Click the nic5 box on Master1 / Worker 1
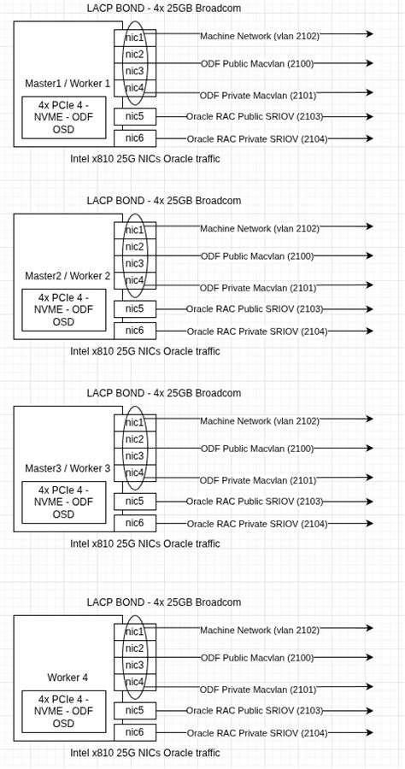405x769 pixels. point(135,116)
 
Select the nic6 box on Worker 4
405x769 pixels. point(135,732)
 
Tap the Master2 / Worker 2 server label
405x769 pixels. point(67,276)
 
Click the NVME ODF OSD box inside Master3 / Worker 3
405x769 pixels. point(64,502)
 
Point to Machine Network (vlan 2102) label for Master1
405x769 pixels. point(260,37)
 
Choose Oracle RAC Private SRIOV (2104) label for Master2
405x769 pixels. point(257,332)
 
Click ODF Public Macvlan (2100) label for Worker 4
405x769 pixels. point(257,658)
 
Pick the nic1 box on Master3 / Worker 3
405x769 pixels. point(135,422)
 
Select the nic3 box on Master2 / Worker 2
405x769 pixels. point(135,263)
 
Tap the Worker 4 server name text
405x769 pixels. point(67,678)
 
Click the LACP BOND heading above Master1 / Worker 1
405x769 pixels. point(164,9)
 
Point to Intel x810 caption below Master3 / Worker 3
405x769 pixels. point(145,543)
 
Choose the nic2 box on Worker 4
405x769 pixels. point(135,649)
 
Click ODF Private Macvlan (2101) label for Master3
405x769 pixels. point(258,480)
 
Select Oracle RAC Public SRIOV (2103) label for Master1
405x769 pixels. point(255,116)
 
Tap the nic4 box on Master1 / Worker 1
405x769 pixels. point(135,88)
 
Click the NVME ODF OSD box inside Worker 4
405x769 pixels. point(64,712)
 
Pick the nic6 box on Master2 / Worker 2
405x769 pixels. point(135,331)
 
